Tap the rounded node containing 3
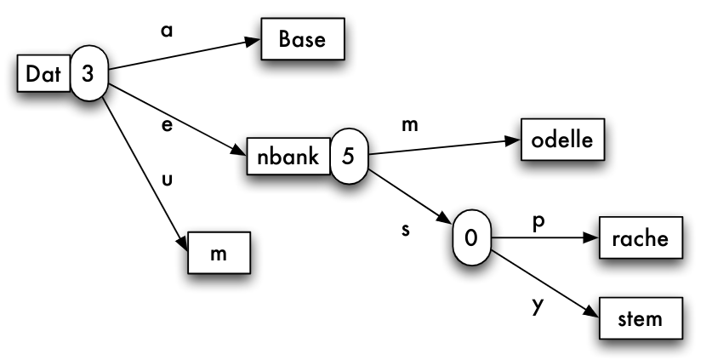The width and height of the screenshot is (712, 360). pyautogui.click(x=88, y=74)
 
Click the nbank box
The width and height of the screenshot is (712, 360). pyautogui.click(x=288, y=155)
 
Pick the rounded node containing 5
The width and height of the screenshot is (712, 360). pyautogui.click(x=347, y=155)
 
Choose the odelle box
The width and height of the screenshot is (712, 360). pyautogui.click(x=563, y=140)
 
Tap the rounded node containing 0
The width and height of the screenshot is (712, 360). pyautogui.click(x=470, y=237)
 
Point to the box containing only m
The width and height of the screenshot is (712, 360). pyautogui.click(x=219, y=254)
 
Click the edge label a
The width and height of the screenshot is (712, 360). pyautogui.click(x=167, y=29)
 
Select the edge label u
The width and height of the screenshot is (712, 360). pyautogui.click(x=167, y=180)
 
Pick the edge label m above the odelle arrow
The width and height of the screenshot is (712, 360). pyautogui.click(x=410, y=126)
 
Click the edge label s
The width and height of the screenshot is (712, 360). pyautogui.click(x=406, y=230)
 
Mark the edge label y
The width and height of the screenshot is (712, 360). pyautogui.click(x=537, y=305)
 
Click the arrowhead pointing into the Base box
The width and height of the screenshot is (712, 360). pyautogui.click(x=253, y=41)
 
